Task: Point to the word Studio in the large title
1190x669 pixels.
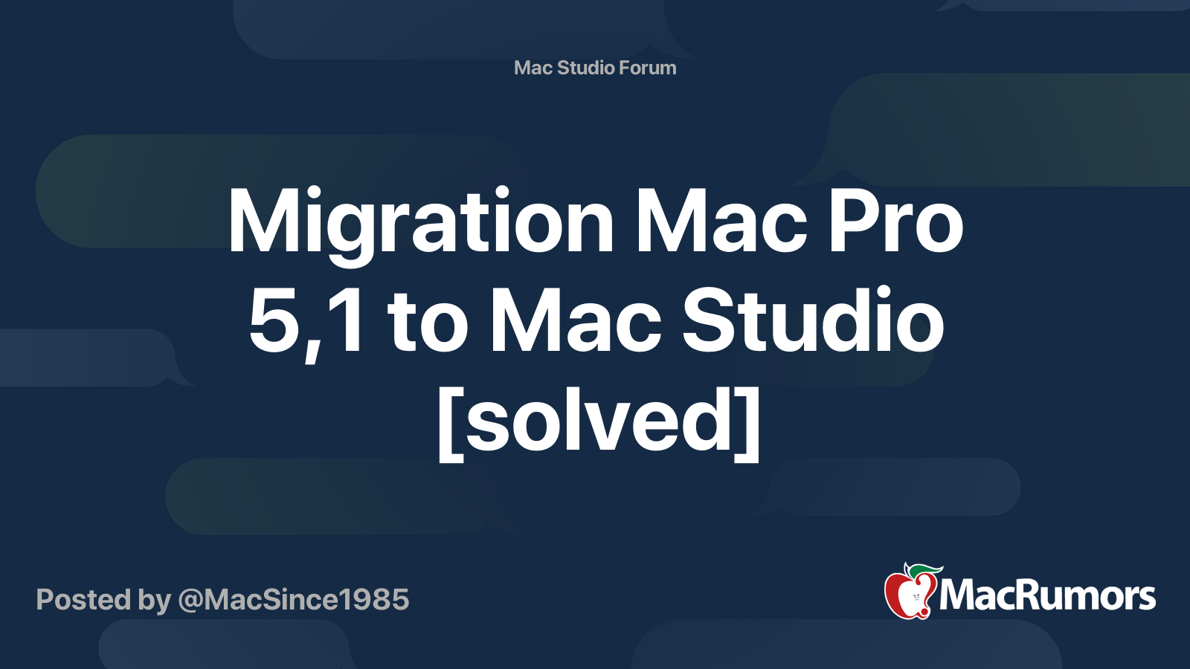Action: coord(813,321)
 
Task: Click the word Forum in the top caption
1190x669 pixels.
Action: coord(648,68)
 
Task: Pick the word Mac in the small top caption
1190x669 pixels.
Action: coord(533,68)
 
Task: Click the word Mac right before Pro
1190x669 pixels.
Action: coord(721,222)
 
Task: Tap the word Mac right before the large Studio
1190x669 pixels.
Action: coord(576,321)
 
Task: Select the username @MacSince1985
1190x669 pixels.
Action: coord(293,600)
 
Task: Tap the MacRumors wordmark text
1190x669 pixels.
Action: coord(1047,595)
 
